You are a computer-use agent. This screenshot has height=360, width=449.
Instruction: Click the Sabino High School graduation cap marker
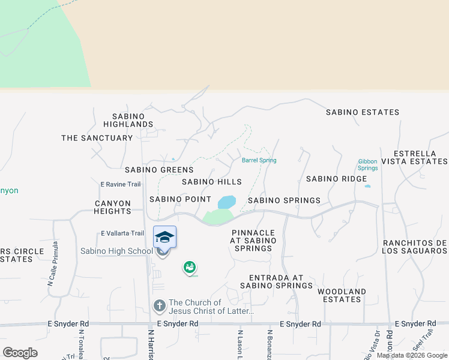click(164, 237)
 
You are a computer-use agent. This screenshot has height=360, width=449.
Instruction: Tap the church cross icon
click(159, 306)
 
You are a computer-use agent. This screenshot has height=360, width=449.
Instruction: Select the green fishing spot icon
click(190, 267)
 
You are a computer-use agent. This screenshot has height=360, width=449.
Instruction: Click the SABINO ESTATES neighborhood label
click(363, 112)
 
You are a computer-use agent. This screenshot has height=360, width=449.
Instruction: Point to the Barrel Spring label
click(259, 160)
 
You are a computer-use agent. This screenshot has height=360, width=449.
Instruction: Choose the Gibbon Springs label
click(368, 164)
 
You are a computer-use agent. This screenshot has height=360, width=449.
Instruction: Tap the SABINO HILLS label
click(211, 182)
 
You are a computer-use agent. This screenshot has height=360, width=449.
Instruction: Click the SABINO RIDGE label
click(336, 179)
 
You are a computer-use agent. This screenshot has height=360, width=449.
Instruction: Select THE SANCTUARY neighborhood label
click(97, 138)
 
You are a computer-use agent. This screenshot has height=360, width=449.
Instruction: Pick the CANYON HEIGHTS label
click(113, 208)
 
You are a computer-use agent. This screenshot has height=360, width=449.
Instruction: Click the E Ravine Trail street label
click(120, 184)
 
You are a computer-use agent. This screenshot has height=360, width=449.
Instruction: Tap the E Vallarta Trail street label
click(122, 233)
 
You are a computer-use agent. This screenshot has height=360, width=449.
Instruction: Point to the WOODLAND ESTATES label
click(342, 295)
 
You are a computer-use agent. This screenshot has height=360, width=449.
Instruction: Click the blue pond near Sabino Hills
click(226, 202)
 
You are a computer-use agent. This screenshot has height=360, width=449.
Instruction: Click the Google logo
click(20, 353)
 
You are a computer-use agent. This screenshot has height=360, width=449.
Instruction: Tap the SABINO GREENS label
click(159, 170)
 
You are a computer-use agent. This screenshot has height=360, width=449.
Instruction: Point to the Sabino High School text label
click(117, 251)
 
